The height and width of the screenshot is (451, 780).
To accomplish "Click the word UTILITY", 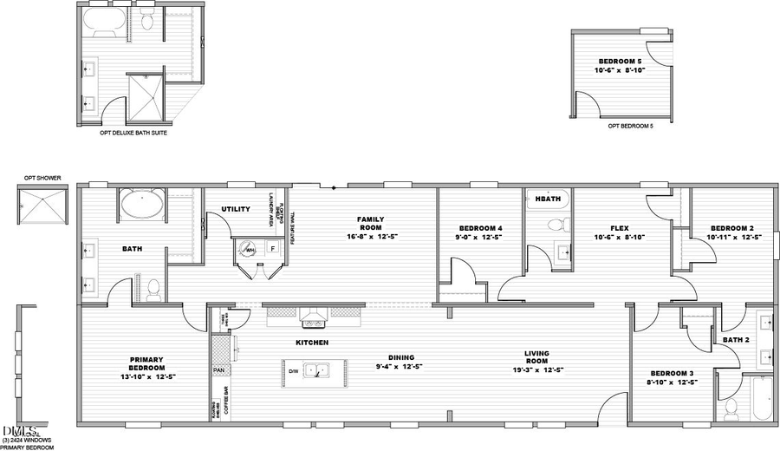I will (236, 209).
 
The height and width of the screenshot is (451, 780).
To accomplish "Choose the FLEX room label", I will (619, 229).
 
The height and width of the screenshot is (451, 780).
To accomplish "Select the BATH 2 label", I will (735, 340).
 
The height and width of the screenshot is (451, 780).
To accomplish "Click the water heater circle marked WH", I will (250, 250).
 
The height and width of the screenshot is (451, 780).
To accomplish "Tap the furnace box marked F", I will (272, 248).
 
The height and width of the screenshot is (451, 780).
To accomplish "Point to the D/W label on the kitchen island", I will (293, 372).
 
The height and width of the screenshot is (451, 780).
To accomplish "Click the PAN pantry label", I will (220, 370).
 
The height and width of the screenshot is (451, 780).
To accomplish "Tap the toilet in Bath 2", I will (731, 408).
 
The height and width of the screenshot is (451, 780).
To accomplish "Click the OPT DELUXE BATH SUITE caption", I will (133, 134).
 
